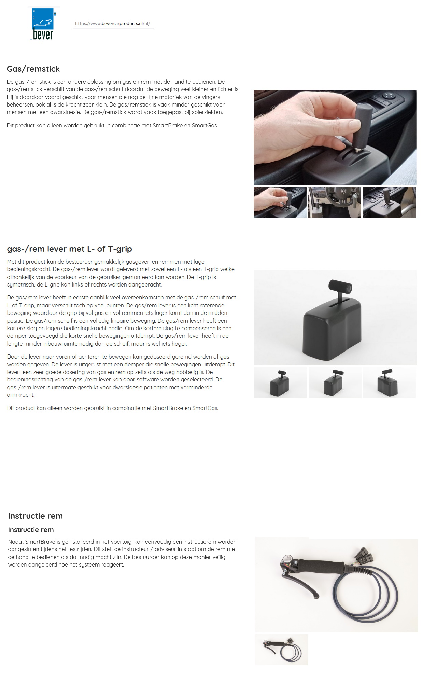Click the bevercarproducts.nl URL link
112,24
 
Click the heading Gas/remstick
33,69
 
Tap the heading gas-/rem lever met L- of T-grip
69,249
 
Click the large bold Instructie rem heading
35,516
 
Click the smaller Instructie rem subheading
31,530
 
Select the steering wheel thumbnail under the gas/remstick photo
335,203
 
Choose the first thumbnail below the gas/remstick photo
280,203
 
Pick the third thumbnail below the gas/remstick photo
389,203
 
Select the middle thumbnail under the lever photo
335,383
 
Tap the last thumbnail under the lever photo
390,383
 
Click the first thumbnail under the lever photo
280,383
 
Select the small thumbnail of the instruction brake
281,650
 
